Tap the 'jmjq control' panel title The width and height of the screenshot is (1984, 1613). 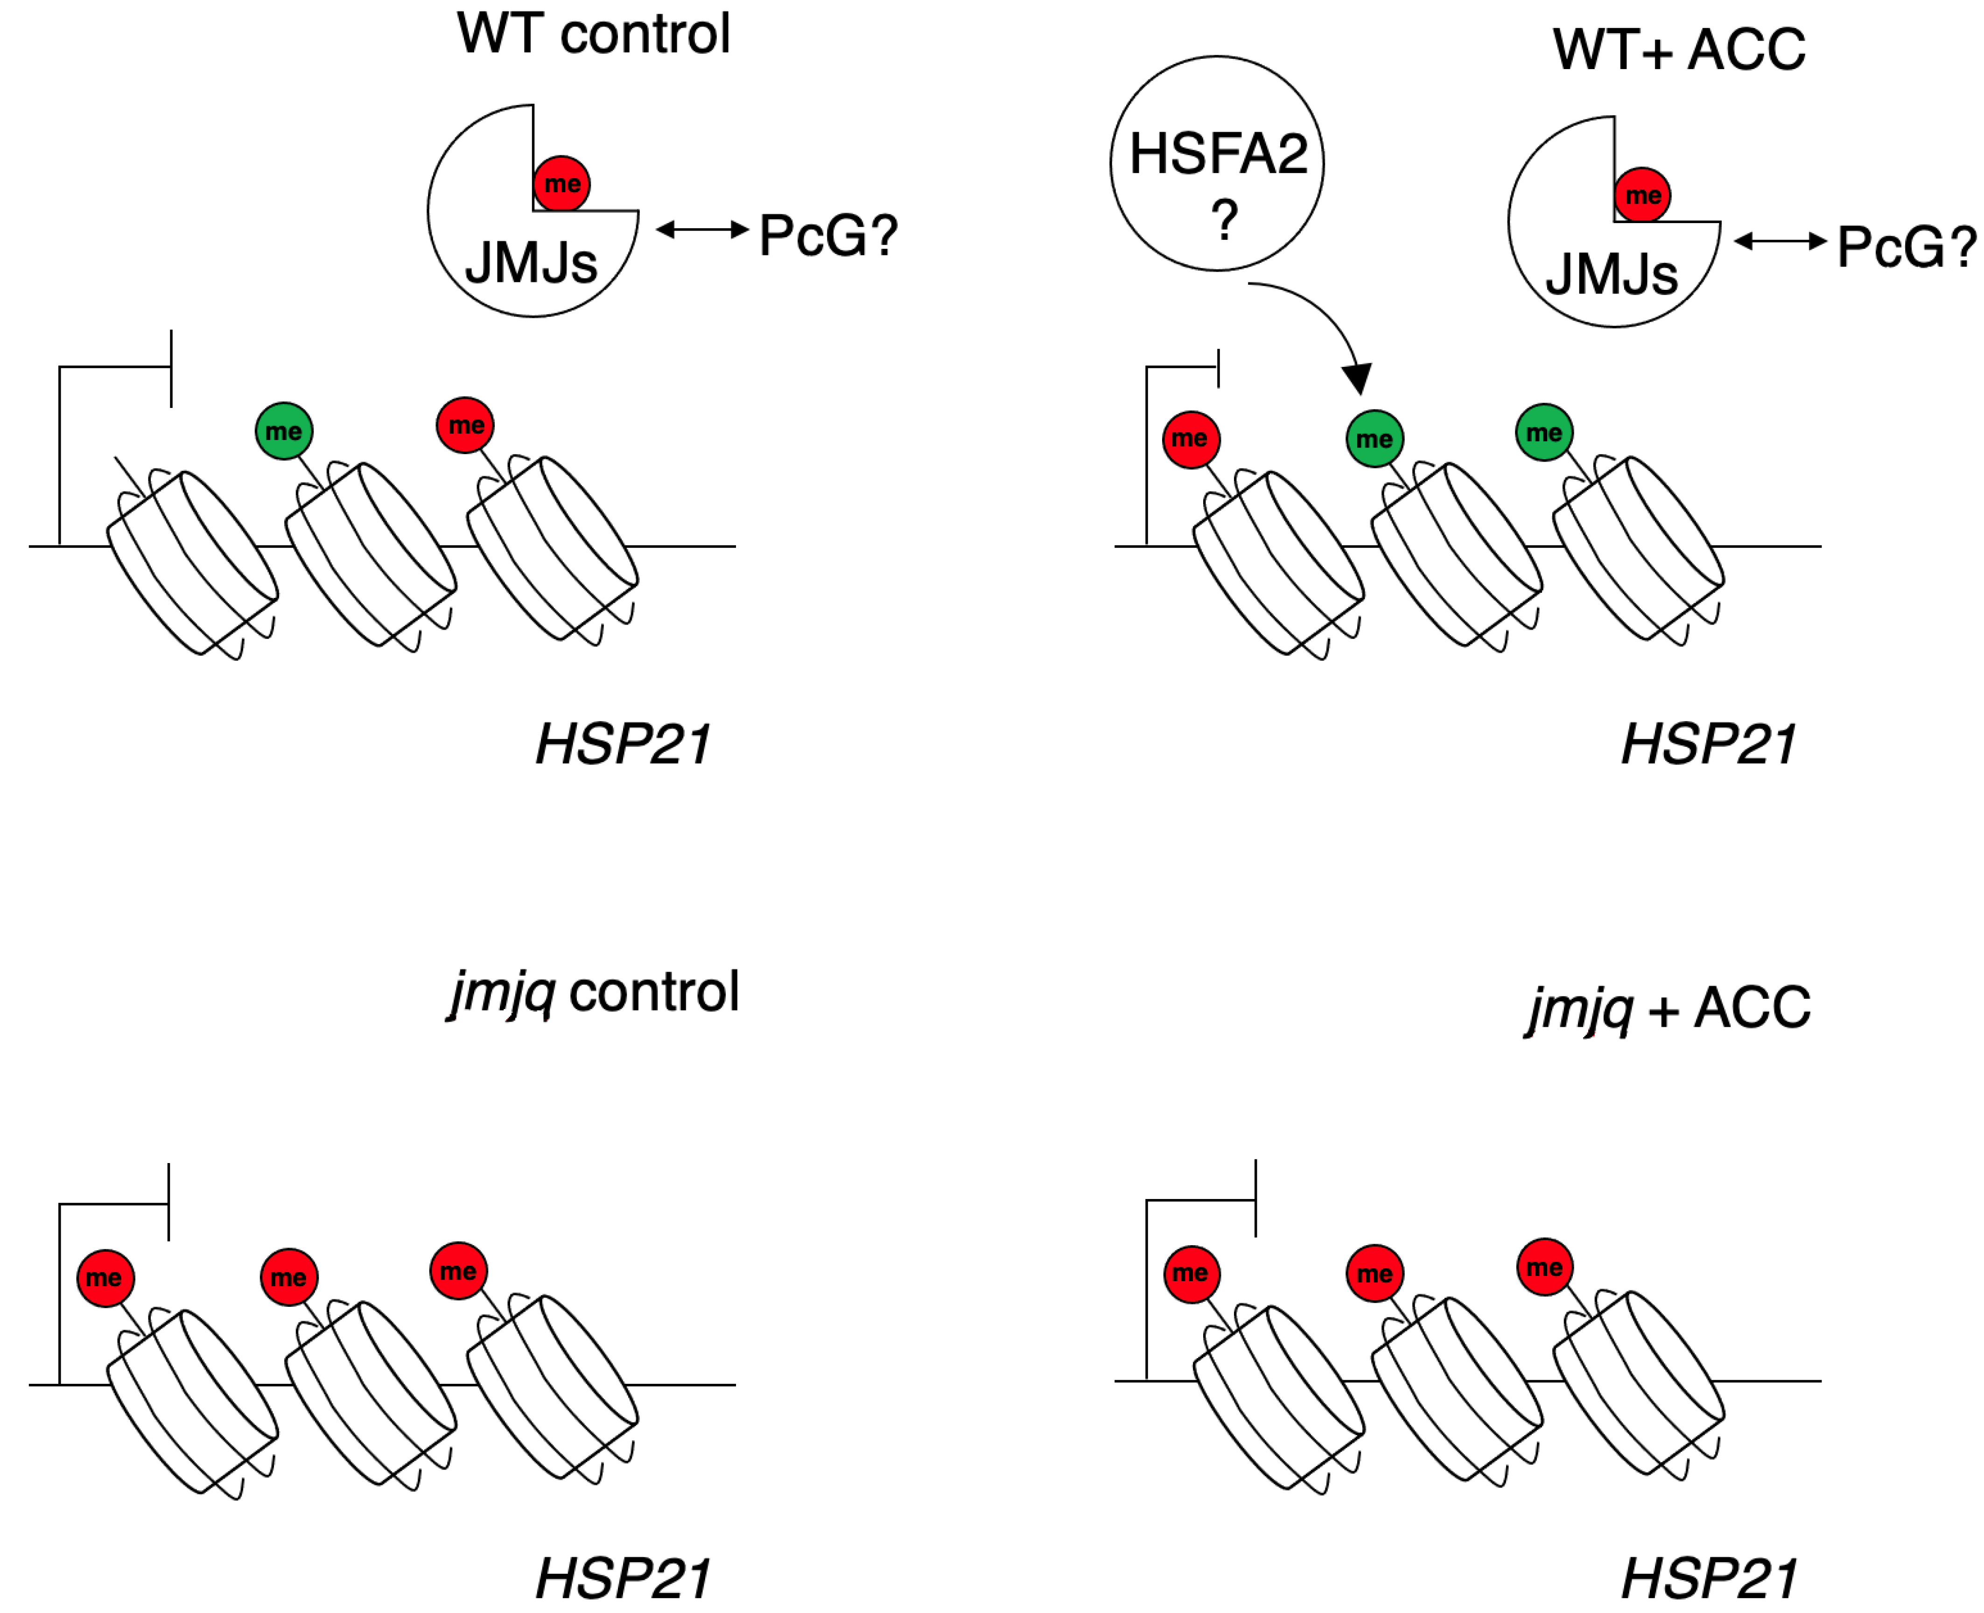[x=595, y=992]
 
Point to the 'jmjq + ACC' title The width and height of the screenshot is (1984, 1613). [x=1668, y=1008]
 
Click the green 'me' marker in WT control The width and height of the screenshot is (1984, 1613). [x=283, y=431]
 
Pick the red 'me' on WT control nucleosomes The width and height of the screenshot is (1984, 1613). [x=465, y=426]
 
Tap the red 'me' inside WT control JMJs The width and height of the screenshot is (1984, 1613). [x=561, y=184]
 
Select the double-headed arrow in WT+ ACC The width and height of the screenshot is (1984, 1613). [x=1780, y=242]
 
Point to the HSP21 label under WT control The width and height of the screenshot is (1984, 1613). [x=623, y=745]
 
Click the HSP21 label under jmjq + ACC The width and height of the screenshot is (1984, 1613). [x=1708, y=1578]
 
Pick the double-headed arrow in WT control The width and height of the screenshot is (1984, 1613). [x=701, y=230]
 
